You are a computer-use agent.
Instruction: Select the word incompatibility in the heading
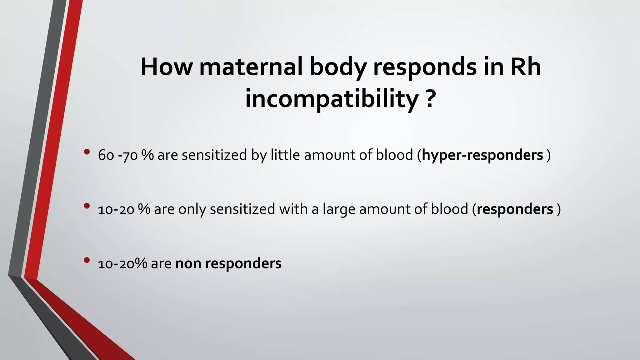pos(332,99)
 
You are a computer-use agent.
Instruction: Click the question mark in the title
pos(430,99)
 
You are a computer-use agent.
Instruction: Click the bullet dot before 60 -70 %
pos(87,152)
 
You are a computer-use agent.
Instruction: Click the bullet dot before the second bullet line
pos(87,206)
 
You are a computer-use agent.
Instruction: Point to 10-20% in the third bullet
pos(122,263)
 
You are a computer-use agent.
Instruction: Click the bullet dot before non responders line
pos(87,260)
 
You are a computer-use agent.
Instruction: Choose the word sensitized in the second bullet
pos(242,209)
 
